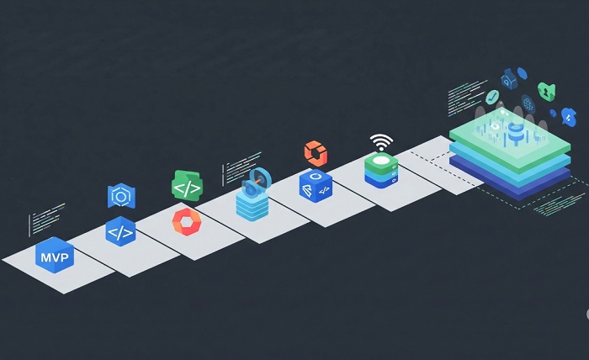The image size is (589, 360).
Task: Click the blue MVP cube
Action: pyautogui.click(x=54, y=254)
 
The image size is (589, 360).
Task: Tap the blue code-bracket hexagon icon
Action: pyautogui.click(x=120, y=232)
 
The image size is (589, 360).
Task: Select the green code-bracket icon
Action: pyautogui.click(x=186, y=187)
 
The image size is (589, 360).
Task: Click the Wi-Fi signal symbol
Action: pyautogui.click(x=381, y=140)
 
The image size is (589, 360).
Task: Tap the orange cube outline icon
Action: pyautogui.click(x=315, y=153)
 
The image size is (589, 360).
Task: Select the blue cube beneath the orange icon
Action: pyautogui.click(x=315, y=186)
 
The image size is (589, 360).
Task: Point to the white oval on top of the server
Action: pyautogui.click(x=381, y=159)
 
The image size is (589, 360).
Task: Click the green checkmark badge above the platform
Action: pyautogui.click(x=493, y=96)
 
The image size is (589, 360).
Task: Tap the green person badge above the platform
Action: pyautogui.click(x=547, y=90)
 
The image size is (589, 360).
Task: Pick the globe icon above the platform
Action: pyautogui.click(x=528, y=104)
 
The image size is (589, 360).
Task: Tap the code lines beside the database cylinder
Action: pyautogui.click(x=236, y=171)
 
